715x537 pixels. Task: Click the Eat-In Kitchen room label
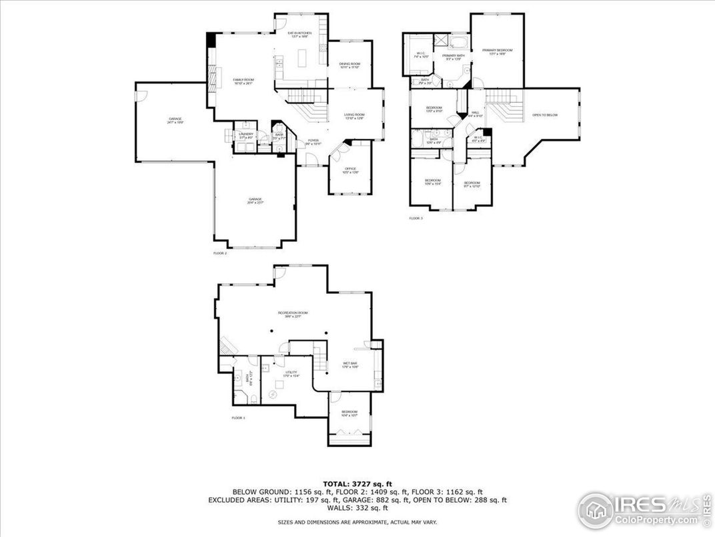point(300,34)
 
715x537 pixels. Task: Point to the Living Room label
point(354,116)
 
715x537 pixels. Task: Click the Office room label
point(350,170)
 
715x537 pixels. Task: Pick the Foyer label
point(313,142)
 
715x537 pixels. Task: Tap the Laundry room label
point(246,136)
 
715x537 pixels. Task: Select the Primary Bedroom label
point(498,51)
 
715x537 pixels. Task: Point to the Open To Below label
point(545,115)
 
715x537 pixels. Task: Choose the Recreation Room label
point(293,315)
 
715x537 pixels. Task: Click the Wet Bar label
point(351,365)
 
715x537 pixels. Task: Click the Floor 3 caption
point(416,218)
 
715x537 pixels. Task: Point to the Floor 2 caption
point(220,253)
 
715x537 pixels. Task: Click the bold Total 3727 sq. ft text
point(357,483)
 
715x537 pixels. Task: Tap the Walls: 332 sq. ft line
point(357,508)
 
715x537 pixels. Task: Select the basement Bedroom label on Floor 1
point(349,413)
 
